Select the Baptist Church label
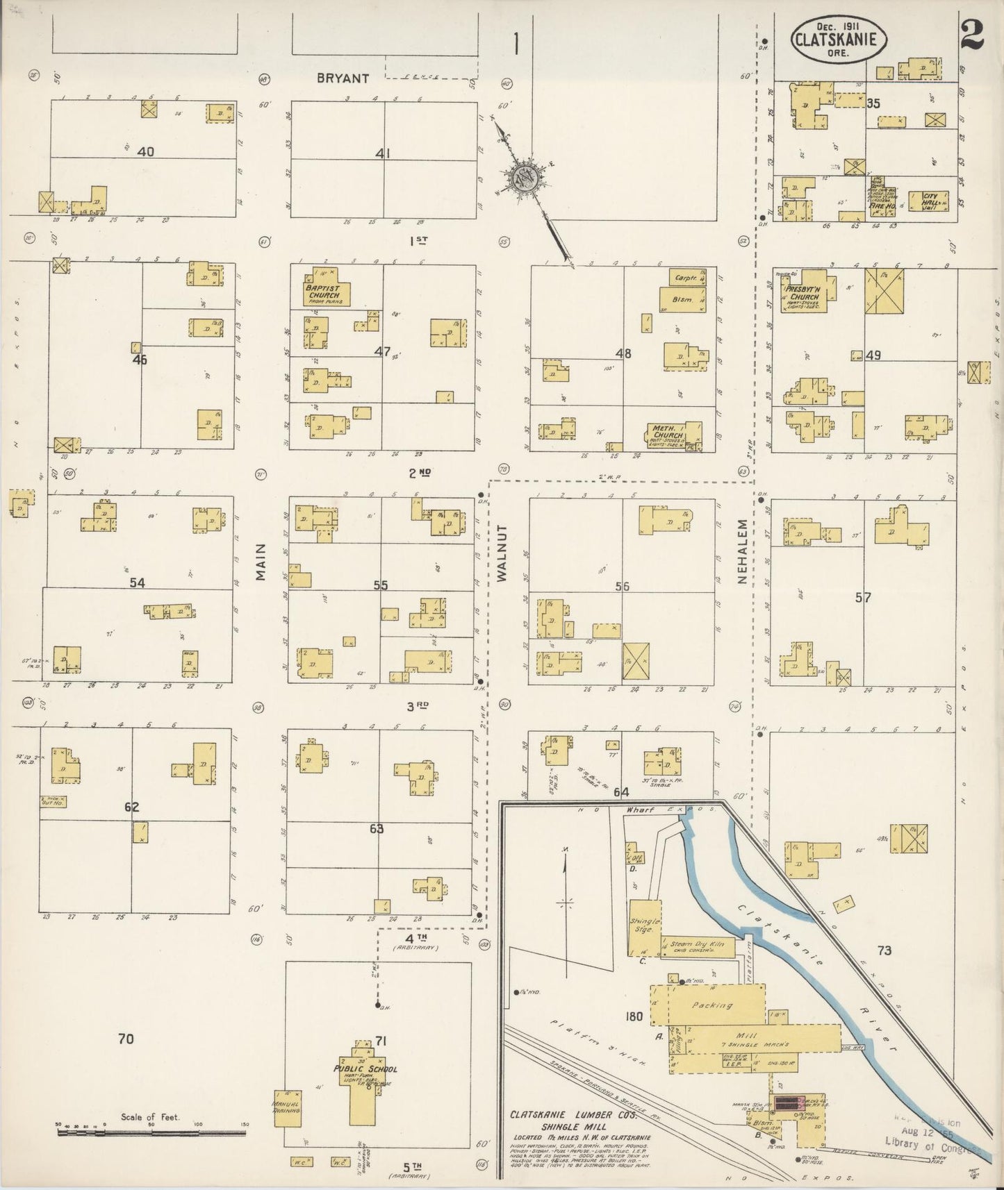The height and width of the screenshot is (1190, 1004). [x=324, y=292]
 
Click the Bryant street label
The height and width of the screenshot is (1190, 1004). [x=343, y=78]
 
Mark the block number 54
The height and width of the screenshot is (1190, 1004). [x=137, y=583]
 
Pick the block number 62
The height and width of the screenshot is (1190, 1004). [x=131, y=807]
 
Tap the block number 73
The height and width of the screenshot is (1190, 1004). [x=884, y=950]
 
